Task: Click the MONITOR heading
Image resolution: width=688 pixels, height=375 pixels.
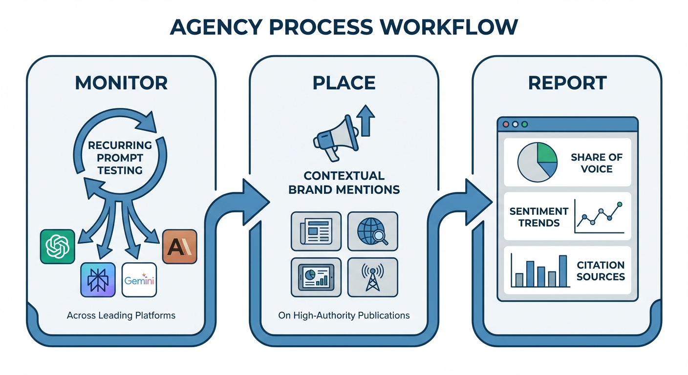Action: pos(121,83)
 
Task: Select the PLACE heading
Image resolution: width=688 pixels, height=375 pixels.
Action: pos(344,83)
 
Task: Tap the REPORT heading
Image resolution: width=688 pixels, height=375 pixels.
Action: pos(567,83)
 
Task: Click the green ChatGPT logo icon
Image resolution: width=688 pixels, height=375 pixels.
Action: pos(58,246)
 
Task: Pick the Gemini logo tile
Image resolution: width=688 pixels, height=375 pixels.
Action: pos(139,280)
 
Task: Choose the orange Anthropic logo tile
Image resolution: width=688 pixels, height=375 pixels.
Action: pos(179,246)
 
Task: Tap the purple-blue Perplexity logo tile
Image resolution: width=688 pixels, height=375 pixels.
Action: pos(98,280)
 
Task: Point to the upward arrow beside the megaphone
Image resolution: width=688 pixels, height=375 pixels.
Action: pos(366,120)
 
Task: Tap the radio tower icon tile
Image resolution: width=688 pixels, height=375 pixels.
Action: pos(372,277)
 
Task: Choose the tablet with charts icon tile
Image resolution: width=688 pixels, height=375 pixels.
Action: pos(316,277)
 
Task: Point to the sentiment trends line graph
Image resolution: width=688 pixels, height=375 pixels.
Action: pos(599,216)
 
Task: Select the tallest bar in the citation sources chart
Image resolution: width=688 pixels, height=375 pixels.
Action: pos(562,271)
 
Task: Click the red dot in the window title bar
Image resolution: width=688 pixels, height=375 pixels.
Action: pos(505,124)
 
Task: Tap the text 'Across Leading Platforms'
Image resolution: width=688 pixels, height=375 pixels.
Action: pos(121,315)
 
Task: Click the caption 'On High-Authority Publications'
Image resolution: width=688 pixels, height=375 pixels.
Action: pos(344,315)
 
